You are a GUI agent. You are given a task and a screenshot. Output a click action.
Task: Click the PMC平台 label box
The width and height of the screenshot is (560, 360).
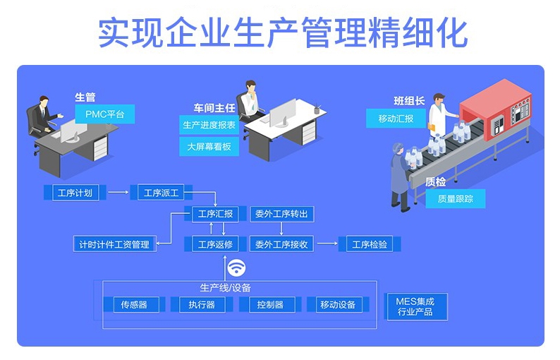coord(104,114)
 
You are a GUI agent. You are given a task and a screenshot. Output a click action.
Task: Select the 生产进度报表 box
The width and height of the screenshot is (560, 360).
coord(209,125)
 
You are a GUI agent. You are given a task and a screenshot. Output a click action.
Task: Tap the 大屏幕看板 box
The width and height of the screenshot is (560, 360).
coord(209,147)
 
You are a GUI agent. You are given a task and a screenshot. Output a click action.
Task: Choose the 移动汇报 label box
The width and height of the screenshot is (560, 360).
coord(396,119)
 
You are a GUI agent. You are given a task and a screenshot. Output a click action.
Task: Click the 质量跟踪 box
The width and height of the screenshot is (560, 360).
coord(456,198)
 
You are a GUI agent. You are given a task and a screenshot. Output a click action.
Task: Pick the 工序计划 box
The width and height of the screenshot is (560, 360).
coord(75,193)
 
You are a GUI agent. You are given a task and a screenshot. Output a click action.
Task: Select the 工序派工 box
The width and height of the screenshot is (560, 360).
coord(161,193)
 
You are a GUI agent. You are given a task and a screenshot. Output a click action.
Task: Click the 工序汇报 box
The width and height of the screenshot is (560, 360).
coord(215,214)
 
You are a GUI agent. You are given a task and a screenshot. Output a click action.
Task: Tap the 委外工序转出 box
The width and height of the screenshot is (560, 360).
coord(281,214)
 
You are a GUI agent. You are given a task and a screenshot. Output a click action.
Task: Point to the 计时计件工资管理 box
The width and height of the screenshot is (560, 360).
coord(115,244)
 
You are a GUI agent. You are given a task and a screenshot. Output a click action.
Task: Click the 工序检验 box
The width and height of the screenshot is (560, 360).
coord(370,244)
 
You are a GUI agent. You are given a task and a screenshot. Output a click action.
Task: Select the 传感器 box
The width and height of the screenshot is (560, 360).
coord(134,304)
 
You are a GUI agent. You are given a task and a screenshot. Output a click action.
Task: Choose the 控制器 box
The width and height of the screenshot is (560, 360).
coord(270,304)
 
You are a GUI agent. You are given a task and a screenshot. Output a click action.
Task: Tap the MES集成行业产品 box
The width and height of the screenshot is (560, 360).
coord(415,307)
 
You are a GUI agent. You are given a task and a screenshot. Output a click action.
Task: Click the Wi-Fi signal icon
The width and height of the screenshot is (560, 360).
coord(236,267)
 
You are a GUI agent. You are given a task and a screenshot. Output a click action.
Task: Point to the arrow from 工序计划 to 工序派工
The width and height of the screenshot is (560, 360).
coord(118,192)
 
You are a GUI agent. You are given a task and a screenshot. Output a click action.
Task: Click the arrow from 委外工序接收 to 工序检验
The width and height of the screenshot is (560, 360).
coord(327,244)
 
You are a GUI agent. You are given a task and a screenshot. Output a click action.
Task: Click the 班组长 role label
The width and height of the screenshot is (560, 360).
coord(409,101)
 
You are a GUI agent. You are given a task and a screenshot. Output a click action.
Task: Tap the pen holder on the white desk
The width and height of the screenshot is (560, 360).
coord(317,109)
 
